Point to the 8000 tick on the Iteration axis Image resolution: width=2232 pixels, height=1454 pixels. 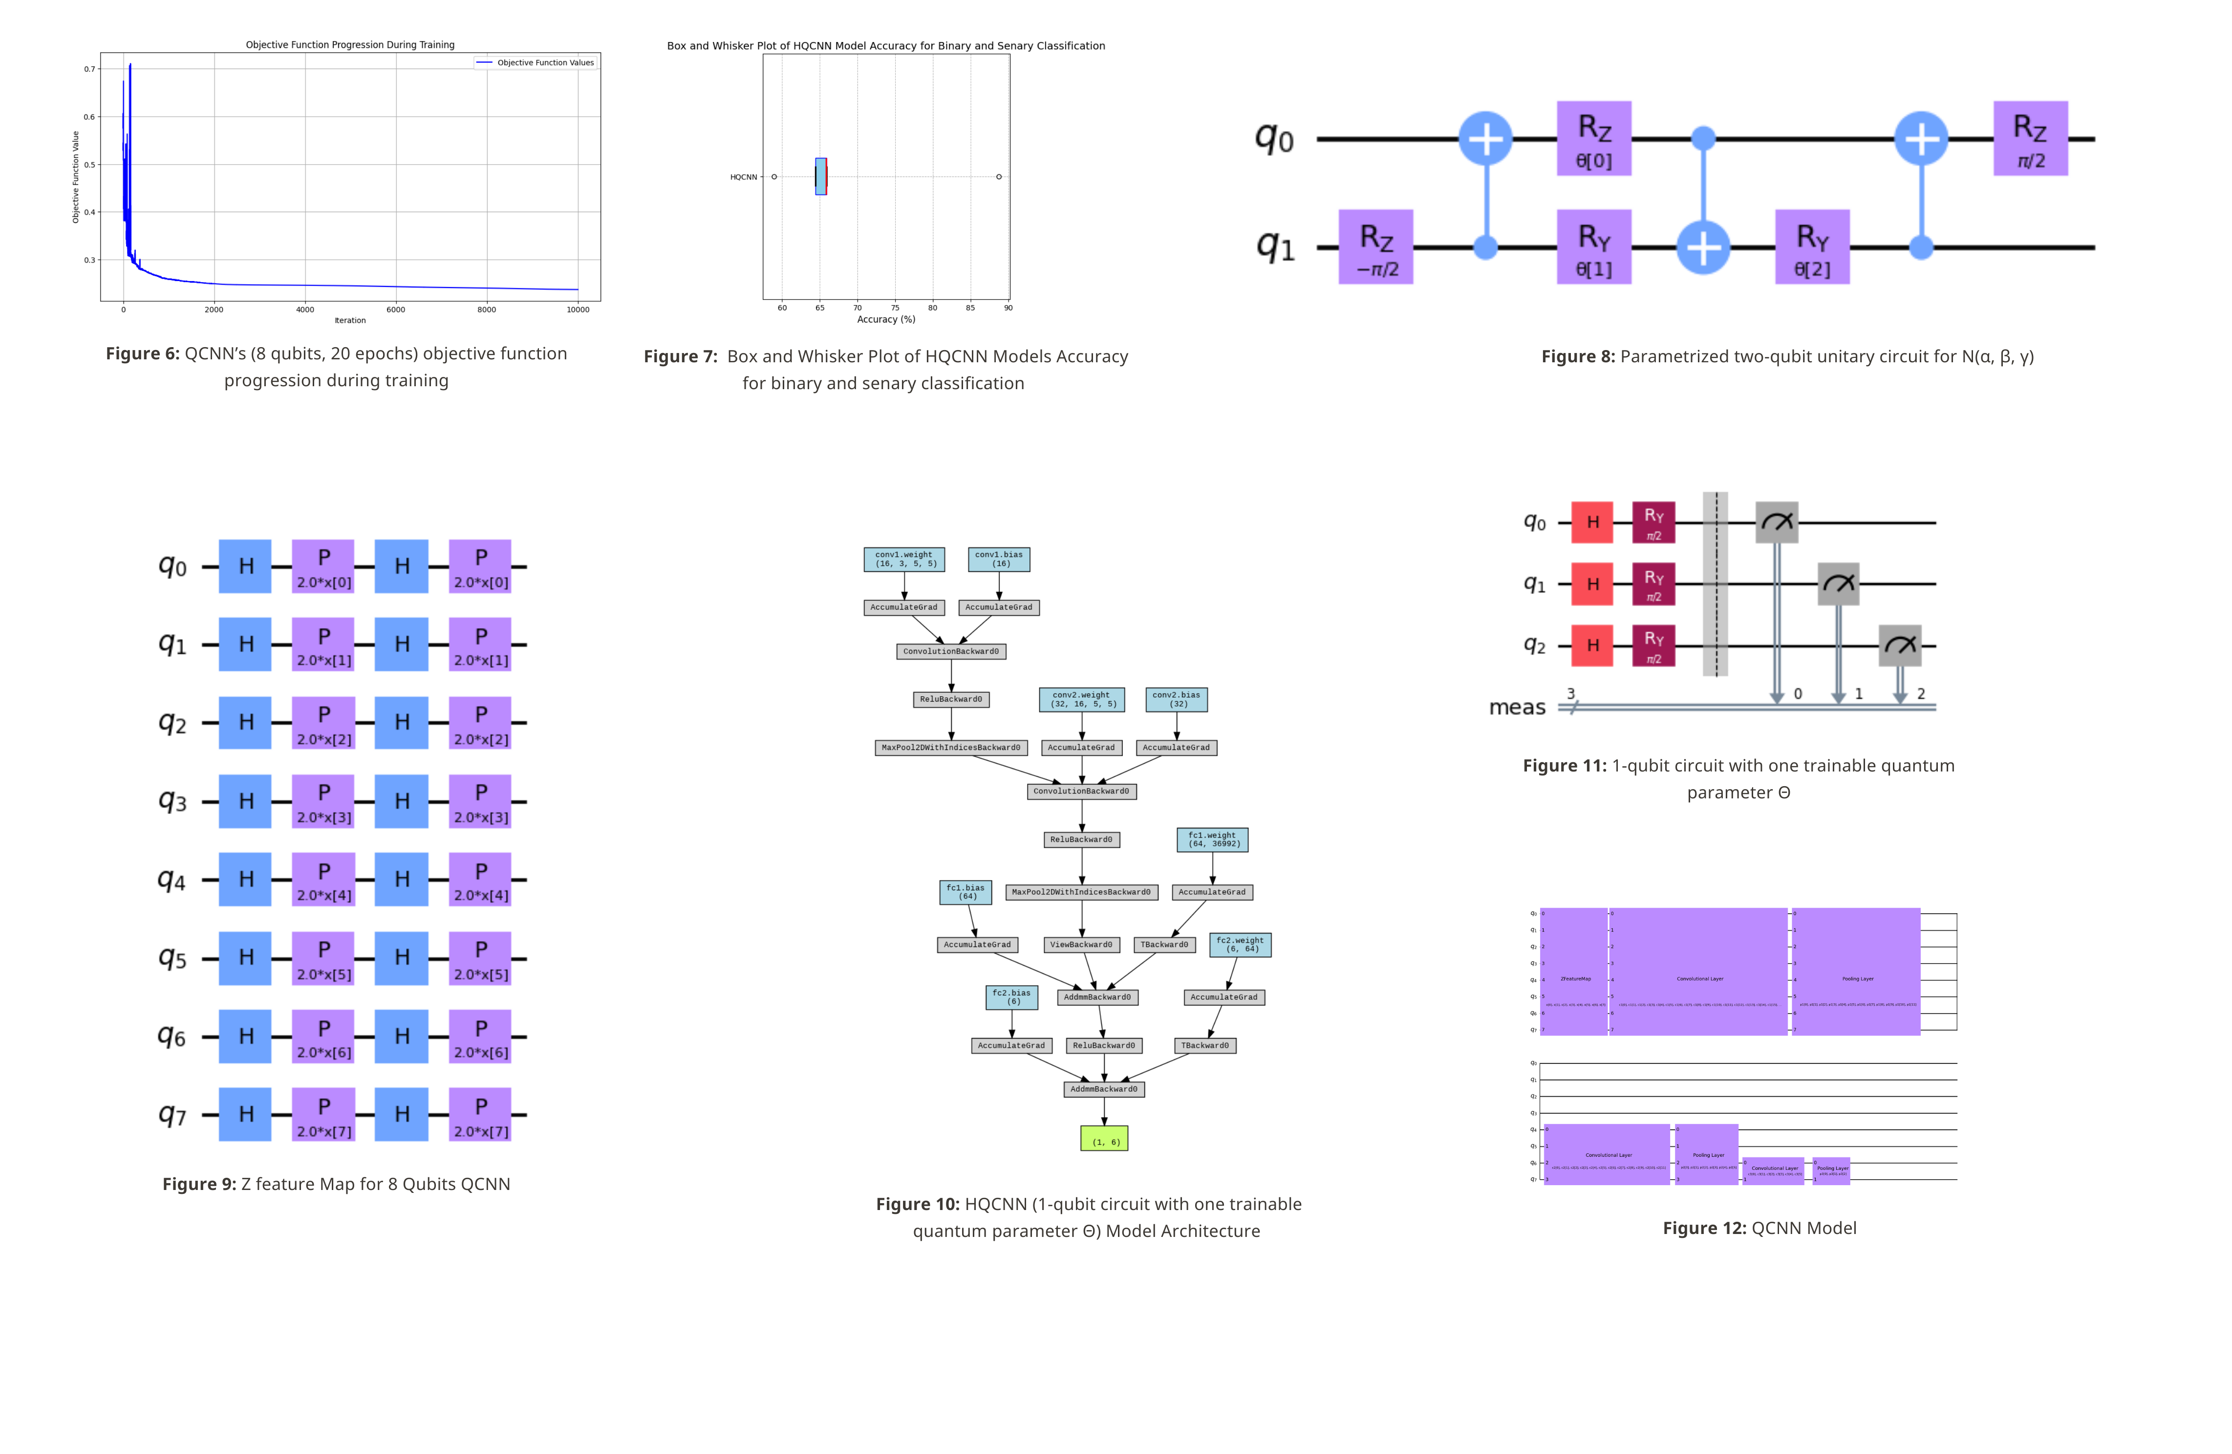tap(487, 309)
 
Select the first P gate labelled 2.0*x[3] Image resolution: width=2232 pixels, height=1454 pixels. tap(323, 801)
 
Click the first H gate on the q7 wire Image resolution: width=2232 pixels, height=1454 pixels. tap(246, 1114)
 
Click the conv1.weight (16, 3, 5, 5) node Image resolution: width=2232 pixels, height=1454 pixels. tap(904, 560)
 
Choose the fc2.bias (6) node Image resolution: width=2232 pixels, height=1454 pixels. tap(1012, 997)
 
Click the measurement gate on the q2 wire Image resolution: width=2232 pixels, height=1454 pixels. tap(1900, 645)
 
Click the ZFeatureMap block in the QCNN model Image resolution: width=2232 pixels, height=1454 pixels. tap(1575, 972)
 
